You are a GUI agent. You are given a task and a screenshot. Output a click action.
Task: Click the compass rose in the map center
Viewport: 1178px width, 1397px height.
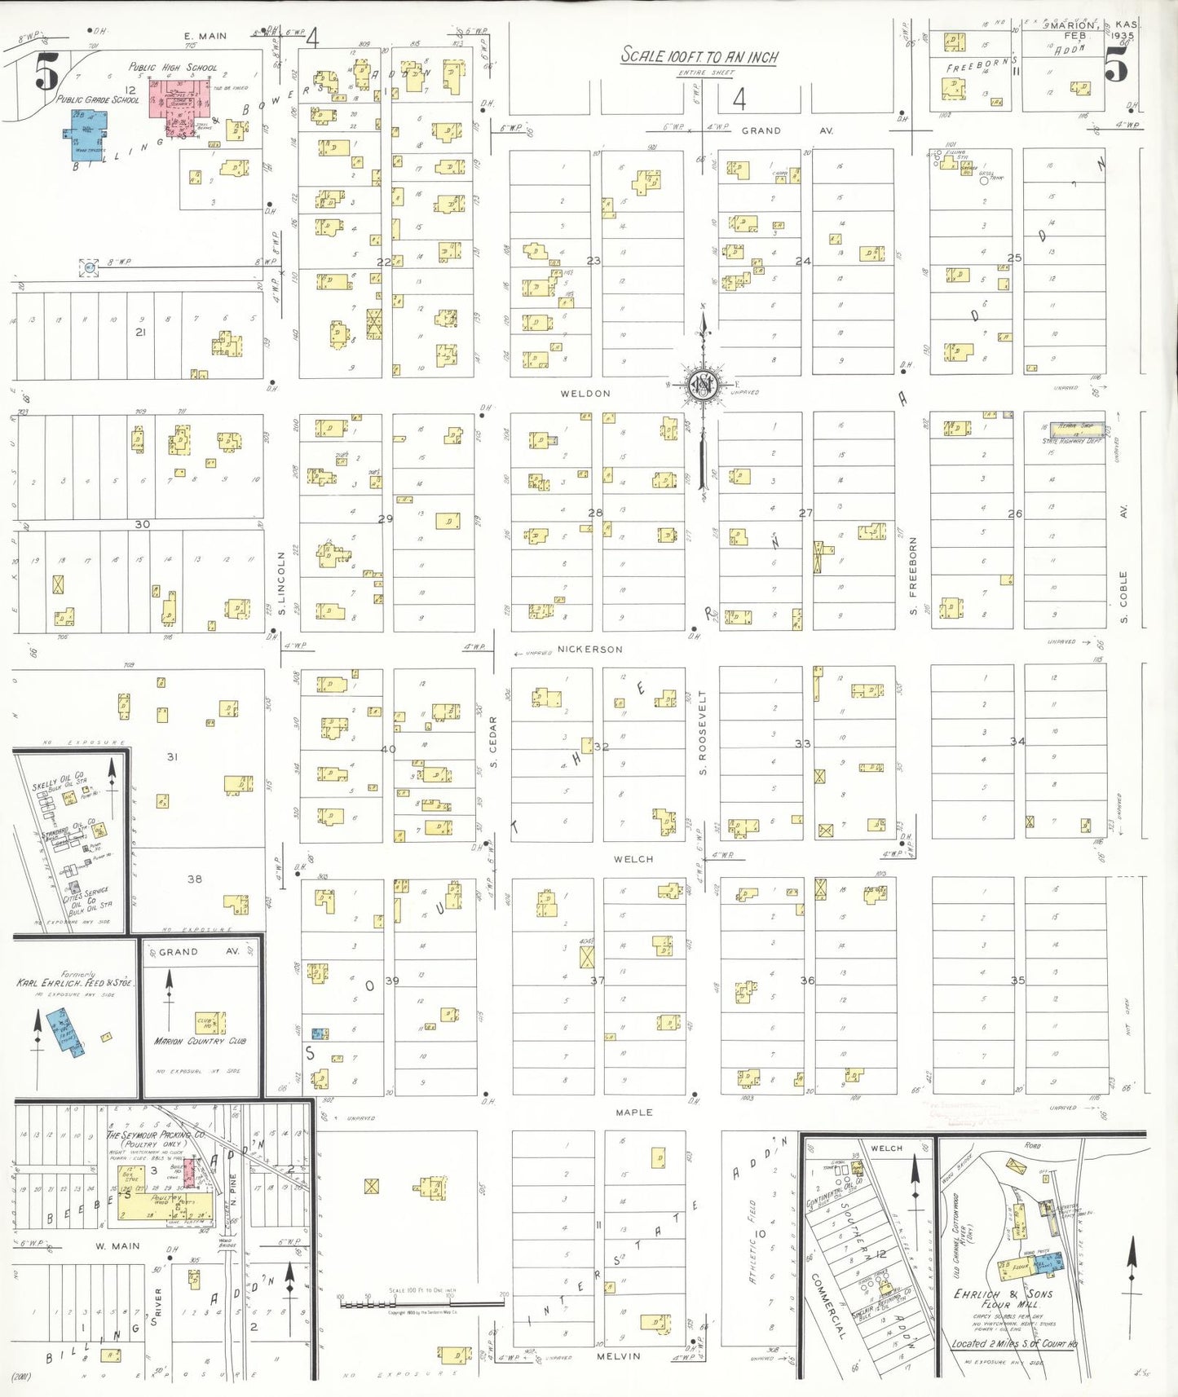tap(702, 384)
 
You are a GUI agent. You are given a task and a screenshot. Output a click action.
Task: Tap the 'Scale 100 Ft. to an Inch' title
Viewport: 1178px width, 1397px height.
tap(699, 56)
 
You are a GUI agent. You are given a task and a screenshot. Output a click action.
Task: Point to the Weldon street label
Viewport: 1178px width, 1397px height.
tap(585, 394)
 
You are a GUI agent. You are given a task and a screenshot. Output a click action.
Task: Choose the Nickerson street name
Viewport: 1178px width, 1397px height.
tap(589, 650)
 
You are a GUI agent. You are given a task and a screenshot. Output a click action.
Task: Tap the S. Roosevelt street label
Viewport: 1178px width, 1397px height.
tap(703, 732)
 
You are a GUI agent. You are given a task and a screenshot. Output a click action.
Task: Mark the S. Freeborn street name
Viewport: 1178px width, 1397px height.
tap(913, 575)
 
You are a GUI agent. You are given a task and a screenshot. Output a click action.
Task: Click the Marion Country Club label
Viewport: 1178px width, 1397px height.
tap(200, 1041)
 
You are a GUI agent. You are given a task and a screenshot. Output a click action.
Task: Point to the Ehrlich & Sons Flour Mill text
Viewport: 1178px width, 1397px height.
tap(1004, 1299)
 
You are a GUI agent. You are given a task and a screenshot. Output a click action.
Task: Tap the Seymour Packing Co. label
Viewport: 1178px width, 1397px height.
tap(155, 1135)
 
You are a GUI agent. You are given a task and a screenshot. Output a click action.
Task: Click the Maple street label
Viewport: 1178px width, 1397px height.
tap(633, 1112)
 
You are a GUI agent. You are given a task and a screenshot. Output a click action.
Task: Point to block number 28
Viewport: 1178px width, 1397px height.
tap(595, 513)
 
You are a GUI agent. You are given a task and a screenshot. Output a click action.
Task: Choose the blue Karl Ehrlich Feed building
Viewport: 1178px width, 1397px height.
tap(64, 1031)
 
